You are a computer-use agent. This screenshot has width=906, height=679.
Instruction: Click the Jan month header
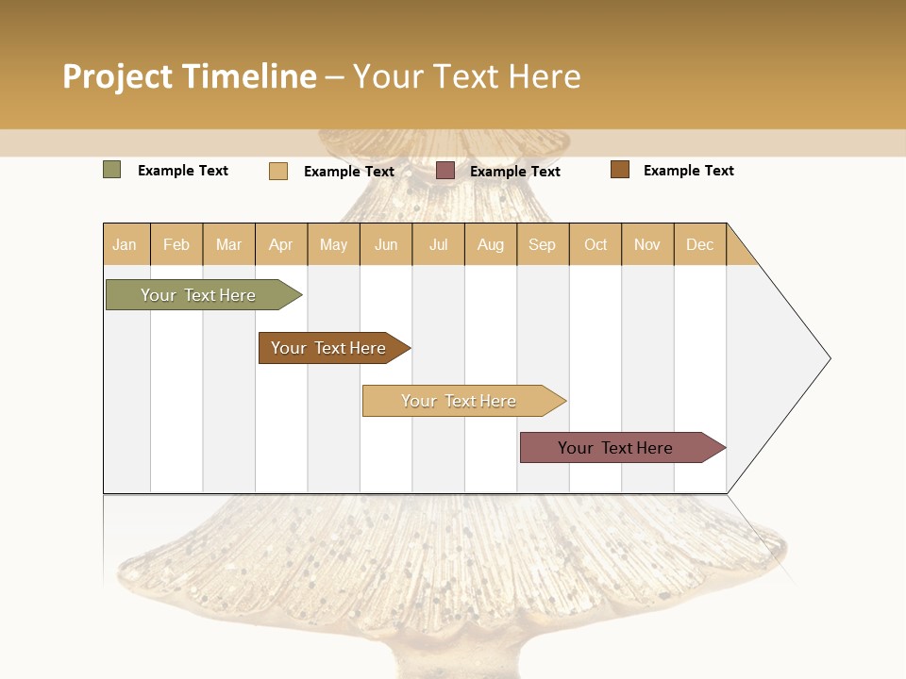pos(126,244)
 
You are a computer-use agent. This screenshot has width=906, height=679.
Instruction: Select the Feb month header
pos(176,244)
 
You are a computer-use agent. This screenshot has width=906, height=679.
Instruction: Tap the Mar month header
pos(228,244)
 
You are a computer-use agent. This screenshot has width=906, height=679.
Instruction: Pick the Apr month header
pos(281,244)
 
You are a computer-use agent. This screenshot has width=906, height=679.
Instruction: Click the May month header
pos(333,244)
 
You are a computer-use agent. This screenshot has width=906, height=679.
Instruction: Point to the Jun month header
pos(386,244)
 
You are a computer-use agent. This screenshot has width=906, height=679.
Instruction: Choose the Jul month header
pos(438,244)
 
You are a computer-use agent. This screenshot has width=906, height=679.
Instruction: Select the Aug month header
pos(491,244)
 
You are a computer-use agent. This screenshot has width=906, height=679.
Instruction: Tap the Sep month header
pos(543,244)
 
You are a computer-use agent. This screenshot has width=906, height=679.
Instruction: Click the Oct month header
pos(596,244)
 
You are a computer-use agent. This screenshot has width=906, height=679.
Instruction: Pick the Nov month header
pos(647,244)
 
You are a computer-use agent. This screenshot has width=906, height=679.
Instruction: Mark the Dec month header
pos(700,244)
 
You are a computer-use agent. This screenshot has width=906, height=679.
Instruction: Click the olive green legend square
pos(112,170)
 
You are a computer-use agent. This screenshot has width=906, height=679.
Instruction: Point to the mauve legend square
pos(445,171)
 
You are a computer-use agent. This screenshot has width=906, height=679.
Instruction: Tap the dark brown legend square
pos(620,170)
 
